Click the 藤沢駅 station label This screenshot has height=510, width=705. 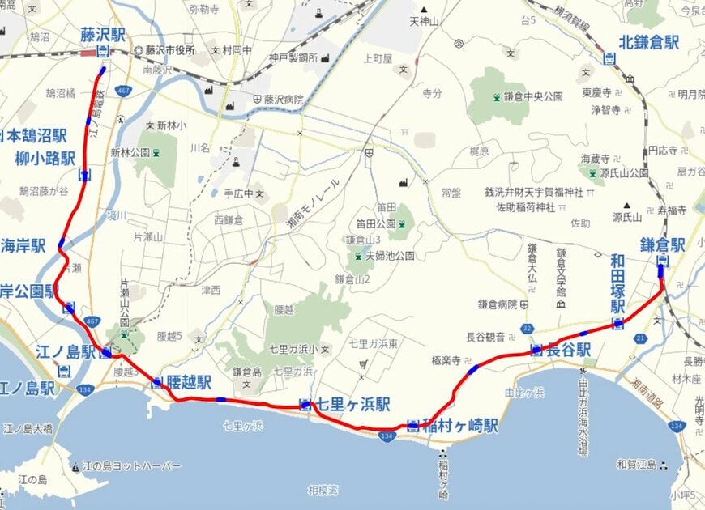point(102,35)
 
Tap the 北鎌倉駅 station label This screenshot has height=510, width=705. point(648,43)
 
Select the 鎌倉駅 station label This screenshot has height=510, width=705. point(662,244)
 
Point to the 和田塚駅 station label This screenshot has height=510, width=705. point(618,283)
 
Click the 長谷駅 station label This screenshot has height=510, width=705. point(568,350)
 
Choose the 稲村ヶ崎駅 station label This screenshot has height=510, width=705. point(463,426)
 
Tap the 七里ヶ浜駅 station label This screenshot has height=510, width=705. point(353,403)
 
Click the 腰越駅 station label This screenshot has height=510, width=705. point(189,382)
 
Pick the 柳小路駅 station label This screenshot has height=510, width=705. point(45,158)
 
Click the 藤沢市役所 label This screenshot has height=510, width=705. point(171,50)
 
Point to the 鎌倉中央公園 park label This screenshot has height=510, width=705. point(534,96)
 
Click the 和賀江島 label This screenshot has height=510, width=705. point(635,465)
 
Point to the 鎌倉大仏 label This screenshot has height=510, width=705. point(532,263)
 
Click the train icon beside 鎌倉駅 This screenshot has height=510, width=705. point(662,261)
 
